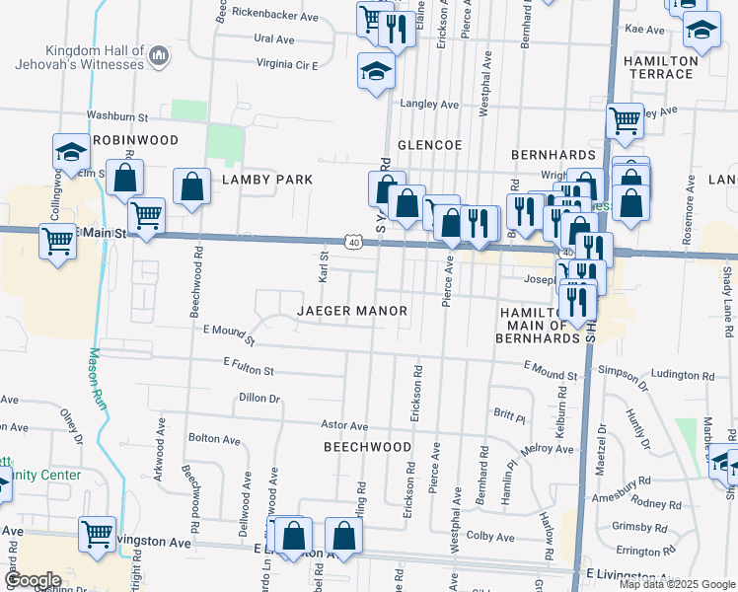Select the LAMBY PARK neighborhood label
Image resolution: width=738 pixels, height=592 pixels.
[267, 180]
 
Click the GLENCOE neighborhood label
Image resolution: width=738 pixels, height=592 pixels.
[429, 145]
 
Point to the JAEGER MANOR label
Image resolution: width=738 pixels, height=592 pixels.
[352, 311]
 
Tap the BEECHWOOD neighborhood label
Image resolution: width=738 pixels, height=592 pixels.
[367, 447]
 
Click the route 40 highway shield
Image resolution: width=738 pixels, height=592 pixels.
[352, 242]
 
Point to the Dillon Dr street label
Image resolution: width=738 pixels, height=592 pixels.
[259, 399]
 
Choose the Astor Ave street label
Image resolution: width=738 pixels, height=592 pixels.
[344, 425]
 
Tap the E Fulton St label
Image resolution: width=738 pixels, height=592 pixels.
[249, 369]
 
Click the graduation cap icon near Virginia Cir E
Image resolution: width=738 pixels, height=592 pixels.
[376, 71]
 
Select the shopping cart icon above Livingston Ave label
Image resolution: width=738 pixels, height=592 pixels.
[97, 534]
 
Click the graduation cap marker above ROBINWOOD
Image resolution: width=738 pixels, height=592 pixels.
[71, 152]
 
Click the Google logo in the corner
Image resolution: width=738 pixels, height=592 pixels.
[33, 580]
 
